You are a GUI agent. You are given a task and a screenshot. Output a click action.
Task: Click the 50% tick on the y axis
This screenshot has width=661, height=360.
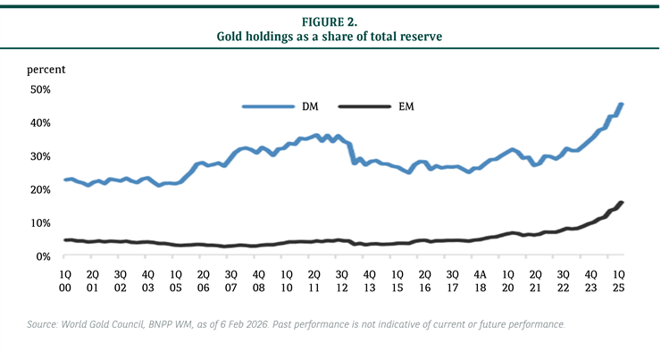41,89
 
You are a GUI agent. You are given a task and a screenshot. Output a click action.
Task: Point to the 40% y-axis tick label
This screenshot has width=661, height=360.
41,122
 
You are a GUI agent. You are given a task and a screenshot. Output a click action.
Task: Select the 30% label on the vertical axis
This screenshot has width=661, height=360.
41,156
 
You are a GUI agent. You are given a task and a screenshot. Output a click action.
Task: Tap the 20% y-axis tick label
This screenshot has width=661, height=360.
41,189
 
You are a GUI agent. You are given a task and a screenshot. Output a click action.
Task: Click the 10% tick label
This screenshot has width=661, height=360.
41,222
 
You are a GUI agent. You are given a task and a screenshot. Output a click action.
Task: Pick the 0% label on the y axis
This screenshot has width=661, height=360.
44,256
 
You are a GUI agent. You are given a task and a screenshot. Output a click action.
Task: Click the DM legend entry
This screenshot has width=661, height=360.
311,106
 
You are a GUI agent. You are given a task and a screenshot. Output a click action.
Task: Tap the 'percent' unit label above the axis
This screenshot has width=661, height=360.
46,69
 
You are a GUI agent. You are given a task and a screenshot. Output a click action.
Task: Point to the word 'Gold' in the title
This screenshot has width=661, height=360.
234,36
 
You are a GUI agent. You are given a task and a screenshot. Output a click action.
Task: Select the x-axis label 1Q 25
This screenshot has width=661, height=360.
617,280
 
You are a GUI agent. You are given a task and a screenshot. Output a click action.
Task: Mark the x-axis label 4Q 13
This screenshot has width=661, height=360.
369,280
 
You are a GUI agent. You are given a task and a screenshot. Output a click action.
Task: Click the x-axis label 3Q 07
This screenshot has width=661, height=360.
230,280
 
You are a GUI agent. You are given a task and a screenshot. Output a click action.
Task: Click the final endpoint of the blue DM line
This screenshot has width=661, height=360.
621,105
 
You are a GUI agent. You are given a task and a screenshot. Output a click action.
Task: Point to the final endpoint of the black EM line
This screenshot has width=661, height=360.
621,203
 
